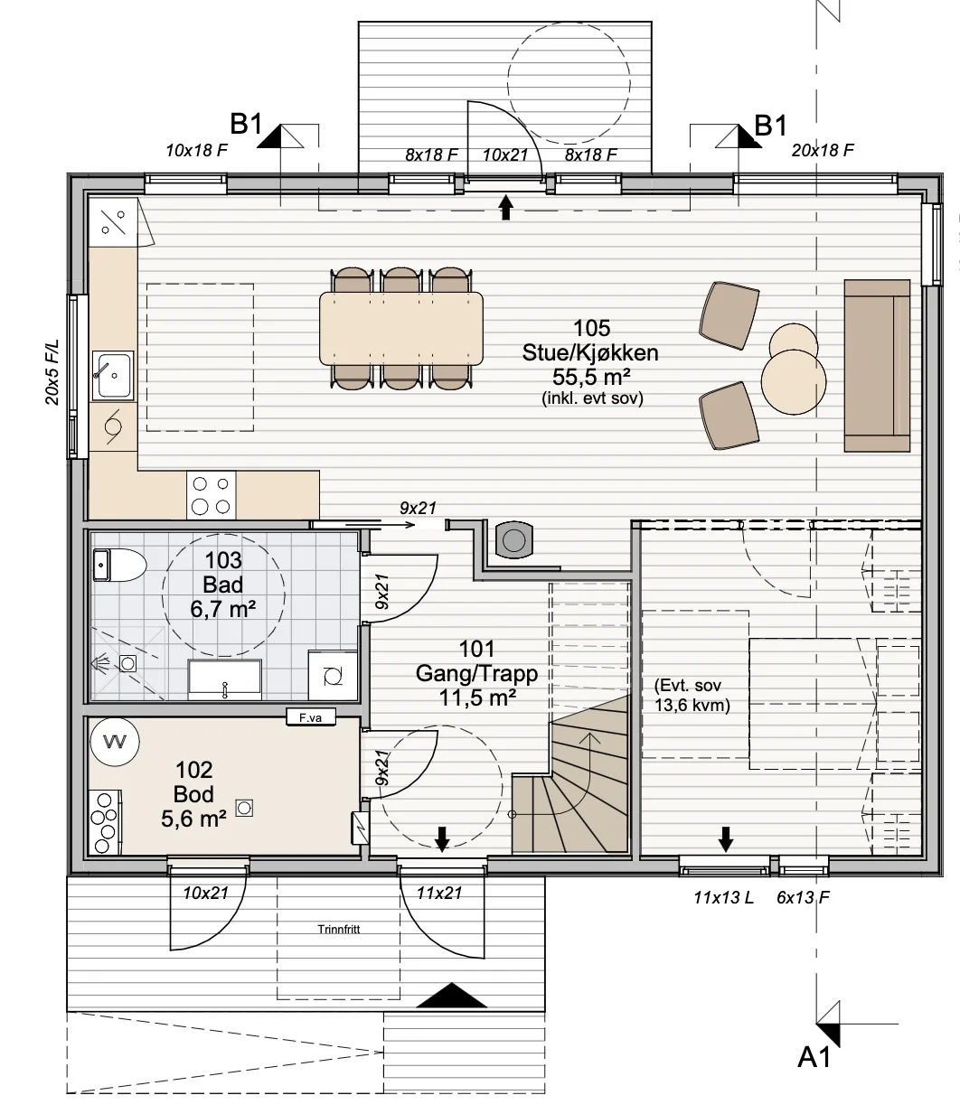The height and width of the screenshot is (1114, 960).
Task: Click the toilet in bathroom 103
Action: point(119,566)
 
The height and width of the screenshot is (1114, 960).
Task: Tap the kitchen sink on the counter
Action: point(113,375)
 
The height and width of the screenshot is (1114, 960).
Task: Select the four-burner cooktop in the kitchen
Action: point(211,495)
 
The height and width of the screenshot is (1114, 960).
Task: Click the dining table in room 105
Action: point(400,328)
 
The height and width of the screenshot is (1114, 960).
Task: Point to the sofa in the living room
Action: point(877,365)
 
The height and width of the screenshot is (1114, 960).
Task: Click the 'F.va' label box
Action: point(311,717)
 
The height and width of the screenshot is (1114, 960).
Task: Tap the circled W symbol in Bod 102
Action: point(114,742)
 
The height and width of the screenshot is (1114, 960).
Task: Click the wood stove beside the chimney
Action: point(513,539)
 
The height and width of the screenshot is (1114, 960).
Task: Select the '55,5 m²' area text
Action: point(592,377)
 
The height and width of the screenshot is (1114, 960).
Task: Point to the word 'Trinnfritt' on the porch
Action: point(339,929)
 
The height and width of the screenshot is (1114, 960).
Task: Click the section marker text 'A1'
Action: point(814,1057)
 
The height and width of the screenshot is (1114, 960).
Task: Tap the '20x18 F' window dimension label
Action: point(823,150)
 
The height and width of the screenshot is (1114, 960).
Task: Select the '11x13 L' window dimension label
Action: point(723,898)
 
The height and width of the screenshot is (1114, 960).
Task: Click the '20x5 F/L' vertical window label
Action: point(52,372)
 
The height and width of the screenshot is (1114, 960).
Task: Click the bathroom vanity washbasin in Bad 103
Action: point(224,679)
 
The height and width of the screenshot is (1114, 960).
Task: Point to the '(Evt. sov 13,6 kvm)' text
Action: point(692,696)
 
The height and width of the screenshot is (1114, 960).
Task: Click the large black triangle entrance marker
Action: point(451,996)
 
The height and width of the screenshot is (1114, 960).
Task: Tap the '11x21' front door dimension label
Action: point(439,894)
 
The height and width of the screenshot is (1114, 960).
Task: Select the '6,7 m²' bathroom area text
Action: point(222,609)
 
